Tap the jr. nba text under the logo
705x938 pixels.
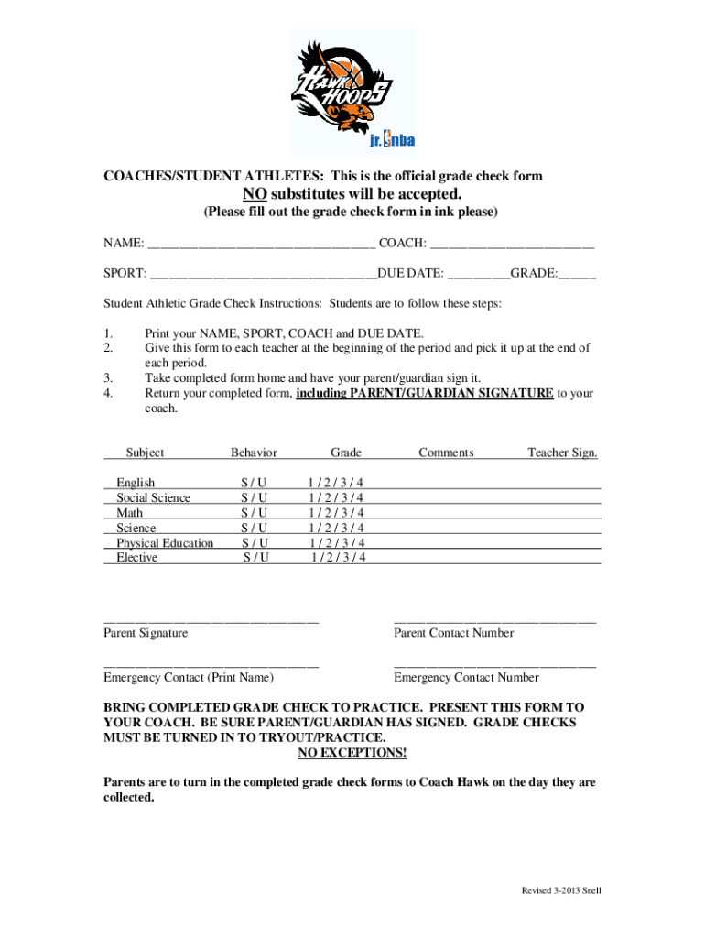coord(392,140)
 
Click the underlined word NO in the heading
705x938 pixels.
coord(255,194)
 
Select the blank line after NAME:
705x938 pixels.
coord(261,244)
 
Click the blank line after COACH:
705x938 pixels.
coord(512,244)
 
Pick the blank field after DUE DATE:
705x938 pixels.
coord(477,274)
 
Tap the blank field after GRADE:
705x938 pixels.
coord(577,274)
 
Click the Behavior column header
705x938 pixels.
coord(254,453)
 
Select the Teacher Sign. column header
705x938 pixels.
coord(562,453)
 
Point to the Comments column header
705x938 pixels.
coord(446,453)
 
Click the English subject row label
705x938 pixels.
coord(136,483)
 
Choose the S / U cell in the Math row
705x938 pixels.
coord(255,513)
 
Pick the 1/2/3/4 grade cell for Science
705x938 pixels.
coord(336,528)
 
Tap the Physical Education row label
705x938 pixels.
coord(165,543)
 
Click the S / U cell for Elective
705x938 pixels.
coord(256,558)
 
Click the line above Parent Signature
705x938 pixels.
coord(211,621)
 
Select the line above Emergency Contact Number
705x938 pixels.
coord(494,666)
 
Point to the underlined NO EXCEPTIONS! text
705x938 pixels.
coord(352,753)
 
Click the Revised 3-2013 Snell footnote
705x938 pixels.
coord(561,890)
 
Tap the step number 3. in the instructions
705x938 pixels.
coord(108,378)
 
